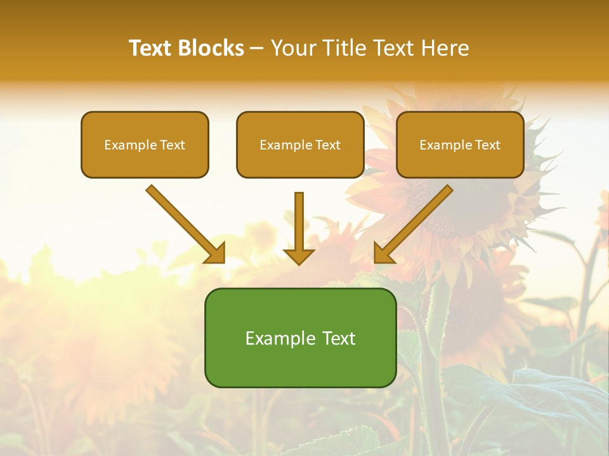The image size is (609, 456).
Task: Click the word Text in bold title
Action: [x=150, y=48]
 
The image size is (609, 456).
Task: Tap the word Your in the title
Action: [x=294, y=48]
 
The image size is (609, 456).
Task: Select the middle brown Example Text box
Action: [x=300, y=161]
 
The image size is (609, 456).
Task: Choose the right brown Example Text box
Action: [x=460, y=161]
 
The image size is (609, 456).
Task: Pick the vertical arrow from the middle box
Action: [x=299, y=222]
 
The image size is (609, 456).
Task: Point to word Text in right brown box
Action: [x=488, y=145]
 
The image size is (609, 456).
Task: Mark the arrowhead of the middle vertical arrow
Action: [x=299, y=256]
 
